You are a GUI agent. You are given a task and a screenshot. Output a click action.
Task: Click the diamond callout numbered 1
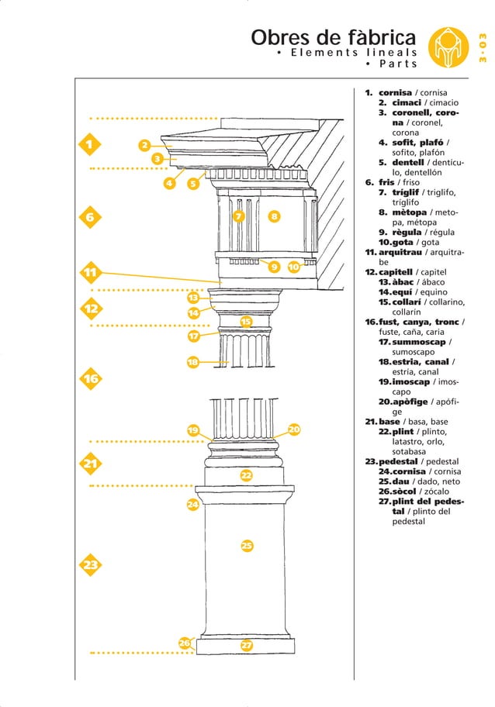90,144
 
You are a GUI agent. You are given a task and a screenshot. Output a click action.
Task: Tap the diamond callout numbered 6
90,218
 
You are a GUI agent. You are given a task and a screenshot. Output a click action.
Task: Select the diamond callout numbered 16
91,379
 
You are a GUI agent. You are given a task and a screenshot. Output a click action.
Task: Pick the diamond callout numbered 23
91,565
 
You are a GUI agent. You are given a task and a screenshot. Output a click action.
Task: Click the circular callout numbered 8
274,216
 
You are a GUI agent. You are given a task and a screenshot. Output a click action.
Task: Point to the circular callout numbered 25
246,547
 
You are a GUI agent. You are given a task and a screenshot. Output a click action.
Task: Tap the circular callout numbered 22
246,475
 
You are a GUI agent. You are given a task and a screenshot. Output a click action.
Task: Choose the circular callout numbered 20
294,429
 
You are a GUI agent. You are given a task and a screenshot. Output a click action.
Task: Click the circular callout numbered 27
246,645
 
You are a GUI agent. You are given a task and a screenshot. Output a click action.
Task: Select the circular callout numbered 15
245,322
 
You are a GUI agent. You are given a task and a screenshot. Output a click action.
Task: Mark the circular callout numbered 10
294,267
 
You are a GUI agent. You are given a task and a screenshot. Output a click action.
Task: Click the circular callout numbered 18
193,362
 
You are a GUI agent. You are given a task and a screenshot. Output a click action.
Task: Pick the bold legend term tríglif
405,192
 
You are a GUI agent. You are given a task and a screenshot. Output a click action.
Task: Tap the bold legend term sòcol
402,491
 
